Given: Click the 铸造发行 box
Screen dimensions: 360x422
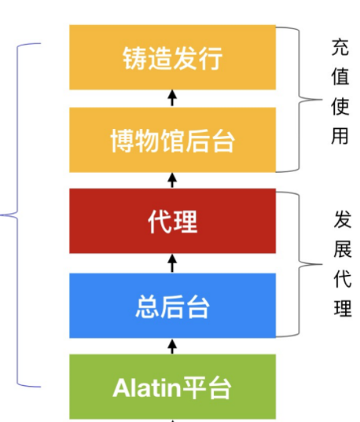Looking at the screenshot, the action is coord(173,57).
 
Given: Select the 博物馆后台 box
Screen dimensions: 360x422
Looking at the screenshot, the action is coord(173,140).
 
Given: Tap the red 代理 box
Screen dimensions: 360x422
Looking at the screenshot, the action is coord(173,221).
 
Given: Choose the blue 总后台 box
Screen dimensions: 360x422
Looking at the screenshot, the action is coord(173,306).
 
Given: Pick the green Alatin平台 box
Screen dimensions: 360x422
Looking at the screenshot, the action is coord(173,387).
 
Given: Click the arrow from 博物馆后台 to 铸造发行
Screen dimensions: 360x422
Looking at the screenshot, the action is coord(172,98).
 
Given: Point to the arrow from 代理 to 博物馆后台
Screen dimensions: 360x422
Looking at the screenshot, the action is coord(172,180).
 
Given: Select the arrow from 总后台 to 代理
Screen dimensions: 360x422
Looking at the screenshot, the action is coord(172,263).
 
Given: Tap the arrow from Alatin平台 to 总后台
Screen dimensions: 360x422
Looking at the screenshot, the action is coord(172,347).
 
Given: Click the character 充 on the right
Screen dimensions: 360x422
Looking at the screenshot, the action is coord(340,47).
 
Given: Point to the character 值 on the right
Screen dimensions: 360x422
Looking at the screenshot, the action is coord(340,76).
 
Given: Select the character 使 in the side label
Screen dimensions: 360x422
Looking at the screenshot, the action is coord(340,106).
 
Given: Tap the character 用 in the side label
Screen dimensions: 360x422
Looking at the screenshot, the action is coord(340,136).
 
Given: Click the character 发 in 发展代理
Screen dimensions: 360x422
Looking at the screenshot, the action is coord(343,219).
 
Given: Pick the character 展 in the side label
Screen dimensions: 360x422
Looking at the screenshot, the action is coord(343,249).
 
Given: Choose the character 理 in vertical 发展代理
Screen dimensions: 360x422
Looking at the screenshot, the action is coord(343,307).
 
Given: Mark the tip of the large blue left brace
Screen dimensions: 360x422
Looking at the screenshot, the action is coord(1,215).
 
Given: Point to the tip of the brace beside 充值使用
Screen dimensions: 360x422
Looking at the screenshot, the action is coord(322,100).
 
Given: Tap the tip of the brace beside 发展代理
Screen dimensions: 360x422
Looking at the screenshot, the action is coord(322,264).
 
